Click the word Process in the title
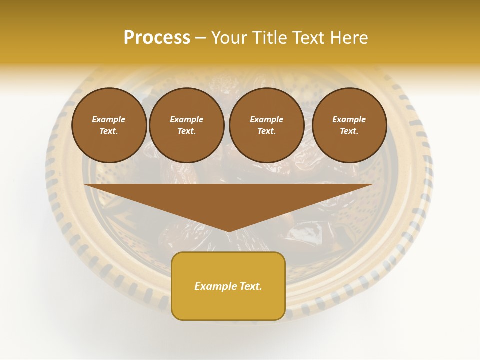click(x=157, y=37)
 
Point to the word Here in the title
click(x=349, y=37)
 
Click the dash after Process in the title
click(x=200, y=38)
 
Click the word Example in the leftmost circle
click(x=109, y=119)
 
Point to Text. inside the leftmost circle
click(x=109, y=131)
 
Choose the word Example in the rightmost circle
click(x=349, y=119)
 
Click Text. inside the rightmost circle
click(x=349, y=131)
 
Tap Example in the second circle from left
click(x=186, y=119)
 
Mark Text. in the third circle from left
click(x=266, y=131)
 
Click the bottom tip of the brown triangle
click(x=228, y=231)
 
